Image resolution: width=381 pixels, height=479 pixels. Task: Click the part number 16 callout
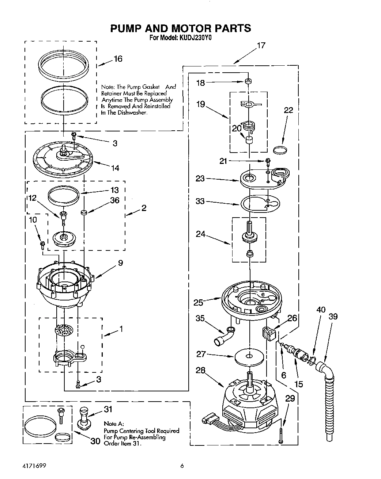point(118,59)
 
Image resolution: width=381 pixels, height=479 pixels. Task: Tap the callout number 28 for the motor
point(201,371)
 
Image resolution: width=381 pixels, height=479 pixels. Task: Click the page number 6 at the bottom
point(181,466)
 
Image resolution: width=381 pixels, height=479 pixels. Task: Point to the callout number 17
point(261,46)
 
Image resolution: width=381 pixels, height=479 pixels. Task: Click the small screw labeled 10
point(42,244)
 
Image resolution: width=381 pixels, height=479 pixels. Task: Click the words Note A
point(114,424)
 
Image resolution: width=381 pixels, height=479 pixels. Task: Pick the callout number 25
point(198,302)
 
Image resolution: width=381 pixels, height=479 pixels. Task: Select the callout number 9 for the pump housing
point(120,263)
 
